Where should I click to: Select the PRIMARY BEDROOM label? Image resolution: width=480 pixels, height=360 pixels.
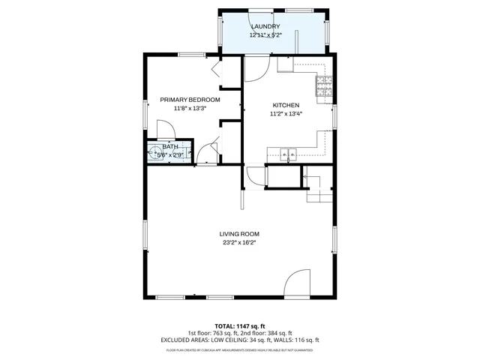190,100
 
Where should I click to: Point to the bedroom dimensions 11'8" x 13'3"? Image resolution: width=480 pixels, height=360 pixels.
190,108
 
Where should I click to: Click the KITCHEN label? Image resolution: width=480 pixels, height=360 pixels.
286,105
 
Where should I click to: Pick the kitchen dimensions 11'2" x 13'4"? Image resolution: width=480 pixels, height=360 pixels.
286,114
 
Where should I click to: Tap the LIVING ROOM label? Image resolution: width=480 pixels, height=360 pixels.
239,234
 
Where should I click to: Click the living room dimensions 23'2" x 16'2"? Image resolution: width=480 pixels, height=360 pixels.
239,243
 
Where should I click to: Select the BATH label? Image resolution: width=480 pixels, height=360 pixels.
170,147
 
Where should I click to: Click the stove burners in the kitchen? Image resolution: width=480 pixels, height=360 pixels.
323,87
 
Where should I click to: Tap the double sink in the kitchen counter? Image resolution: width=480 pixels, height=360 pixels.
288,155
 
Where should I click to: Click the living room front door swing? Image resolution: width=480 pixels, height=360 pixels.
298,283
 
